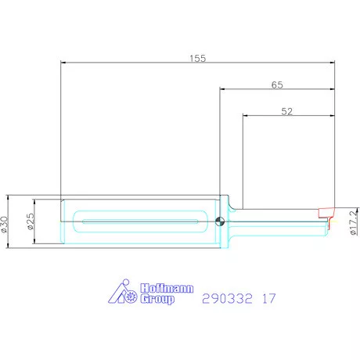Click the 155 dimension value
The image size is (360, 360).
(x=198, y=58)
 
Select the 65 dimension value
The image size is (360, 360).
(x=277, y=85)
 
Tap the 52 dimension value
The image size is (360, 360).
(x=287, y=111)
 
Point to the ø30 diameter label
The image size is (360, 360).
(x=4, y=224)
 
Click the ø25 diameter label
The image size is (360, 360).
(x=31, y=221)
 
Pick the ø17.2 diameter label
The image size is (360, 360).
(x=354, y=222)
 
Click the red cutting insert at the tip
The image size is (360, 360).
(x=326, y=212)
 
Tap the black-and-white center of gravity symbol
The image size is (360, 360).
(x=220, y=221)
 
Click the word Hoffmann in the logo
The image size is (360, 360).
(x=167, y=289)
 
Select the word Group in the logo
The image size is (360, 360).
(x=157, y=299)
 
